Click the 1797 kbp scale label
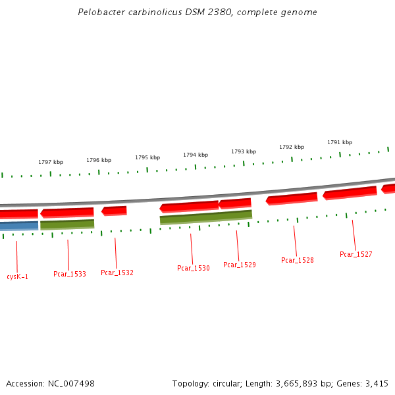[x=51, y=162]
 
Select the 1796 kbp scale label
[x=99, y=160]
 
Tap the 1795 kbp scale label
[x=147, y=157]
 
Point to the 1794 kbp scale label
[x=196, y=155]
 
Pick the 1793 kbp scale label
[x=244, y=151]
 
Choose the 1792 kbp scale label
[x=292, y=147]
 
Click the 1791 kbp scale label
[x=340, y=142]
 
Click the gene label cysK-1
[x=18, y=276]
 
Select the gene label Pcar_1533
[x=70, y=274]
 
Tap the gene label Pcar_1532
[x=117, y=273]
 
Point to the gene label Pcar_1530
[x=194, y=268]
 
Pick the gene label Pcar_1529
[x=240, y=265]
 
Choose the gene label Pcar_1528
[x=298, y=260]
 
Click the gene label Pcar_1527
[x=356, y=254]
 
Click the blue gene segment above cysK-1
[x=18, y=226]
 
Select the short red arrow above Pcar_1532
[x=115, y=211]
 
